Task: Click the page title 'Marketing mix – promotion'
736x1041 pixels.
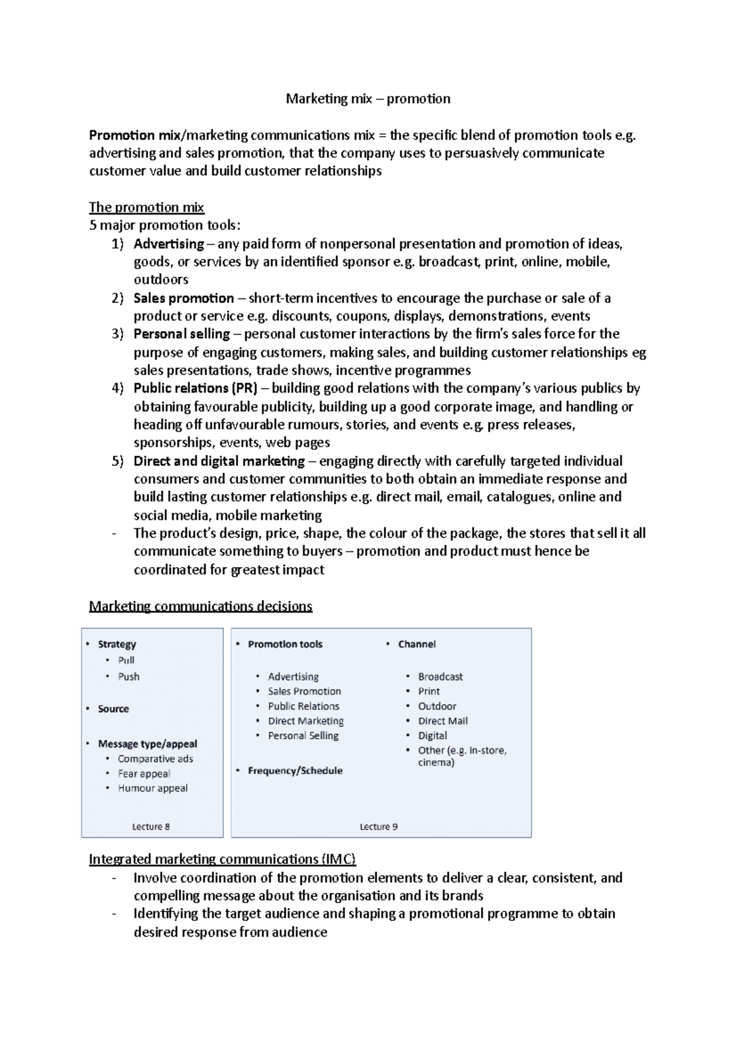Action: [368, 99]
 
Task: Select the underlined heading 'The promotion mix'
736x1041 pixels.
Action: [147, 207]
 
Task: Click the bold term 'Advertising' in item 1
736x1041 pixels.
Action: [169, 244]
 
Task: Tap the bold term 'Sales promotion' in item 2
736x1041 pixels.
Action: [183, 299]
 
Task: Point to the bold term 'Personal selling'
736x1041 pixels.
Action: [182, 334]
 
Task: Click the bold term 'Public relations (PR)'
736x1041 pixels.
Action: [196, 389]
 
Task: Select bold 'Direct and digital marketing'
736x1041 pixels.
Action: [219, 461]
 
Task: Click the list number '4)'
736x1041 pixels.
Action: [118, 389]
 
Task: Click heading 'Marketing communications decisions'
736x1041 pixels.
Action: [201, 606]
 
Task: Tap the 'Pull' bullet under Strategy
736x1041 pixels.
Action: [126, 660]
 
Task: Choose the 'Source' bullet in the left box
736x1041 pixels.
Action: [113, 709]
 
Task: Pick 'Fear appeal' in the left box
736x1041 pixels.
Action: [144, 774]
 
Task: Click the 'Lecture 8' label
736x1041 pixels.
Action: [151, 826]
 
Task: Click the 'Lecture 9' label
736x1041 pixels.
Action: [378, 826]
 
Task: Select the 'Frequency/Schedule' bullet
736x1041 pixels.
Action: [295, 771]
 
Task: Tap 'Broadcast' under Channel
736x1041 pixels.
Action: [440, 677]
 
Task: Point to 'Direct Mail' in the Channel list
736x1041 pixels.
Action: [443, 721]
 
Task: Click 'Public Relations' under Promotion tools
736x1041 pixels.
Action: [304, 706]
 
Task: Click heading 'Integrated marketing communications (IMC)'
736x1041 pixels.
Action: [222, 859]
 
